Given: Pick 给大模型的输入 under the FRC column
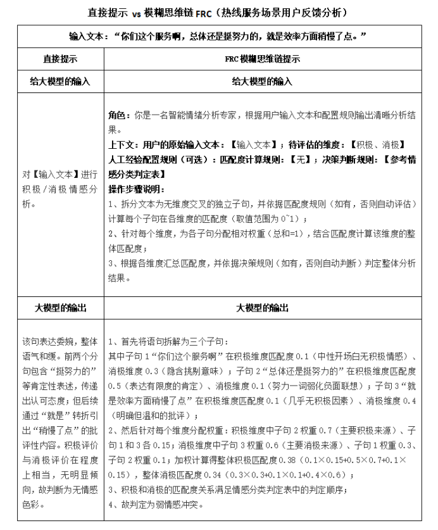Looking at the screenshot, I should [262, 82].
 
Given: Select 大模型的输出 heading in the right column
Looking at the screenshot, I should [262, 308].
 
